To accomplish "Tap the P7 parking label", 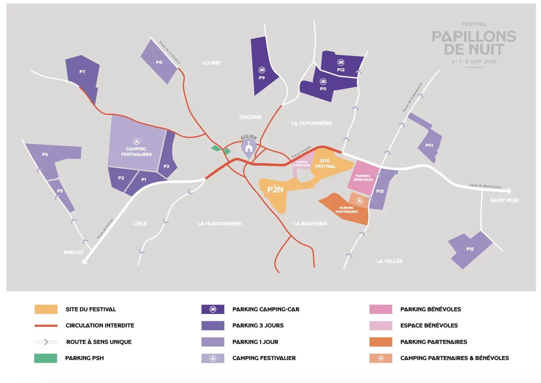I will [x=82, y=72].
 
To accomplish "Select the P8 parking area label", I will [x=159, y=62].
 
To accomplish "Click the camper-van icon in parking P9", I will [x=261, y=70].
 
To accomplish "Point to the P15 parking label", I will [x=470, y=249].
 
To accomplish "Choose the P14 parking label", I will [x=429, y=145].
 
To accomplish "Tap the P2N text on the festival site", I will [x=275, y=190].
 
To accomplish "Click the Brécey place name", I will [x=73, y=252].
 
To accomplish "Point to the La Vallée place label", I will [x=389, y=261].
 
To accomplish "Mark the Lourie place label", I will [x=211, y=63].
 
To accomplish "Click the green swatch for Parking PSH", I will [x=46, y=358].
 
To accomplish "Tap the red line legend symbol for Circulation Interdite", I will [x=46, y=325].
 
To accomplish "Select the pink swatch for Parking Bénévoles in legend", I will [x=380, y=309].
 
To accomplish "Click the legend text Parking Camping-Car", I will [x=266, y=309].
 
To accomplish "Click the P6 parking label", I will [x=45, y=155].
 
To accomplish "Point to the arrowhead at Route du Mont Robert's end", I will [x=509, y=191].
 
